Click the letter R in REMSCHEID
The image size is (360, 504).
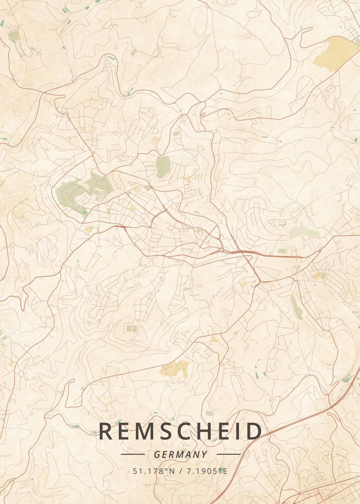[x=106, y=431]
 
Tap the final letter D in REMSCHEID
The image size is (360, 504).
[x=253, y=431]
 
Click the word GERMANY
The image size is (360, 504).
[x=181, y=454]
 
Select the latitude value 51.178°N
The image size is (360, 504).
[x=154, y=471]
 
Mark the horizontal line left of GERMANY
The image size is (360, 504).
[x=132, y=454]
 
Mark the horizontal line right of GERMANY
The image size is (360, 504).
[x=228, y=454]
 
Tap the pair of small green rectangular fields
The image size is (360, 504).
[x=131, y=328]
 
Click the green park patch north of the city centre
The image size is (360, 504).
[x=163, y=166]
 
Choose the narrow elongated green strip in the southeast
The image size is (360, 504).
[x=297, y=306]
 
